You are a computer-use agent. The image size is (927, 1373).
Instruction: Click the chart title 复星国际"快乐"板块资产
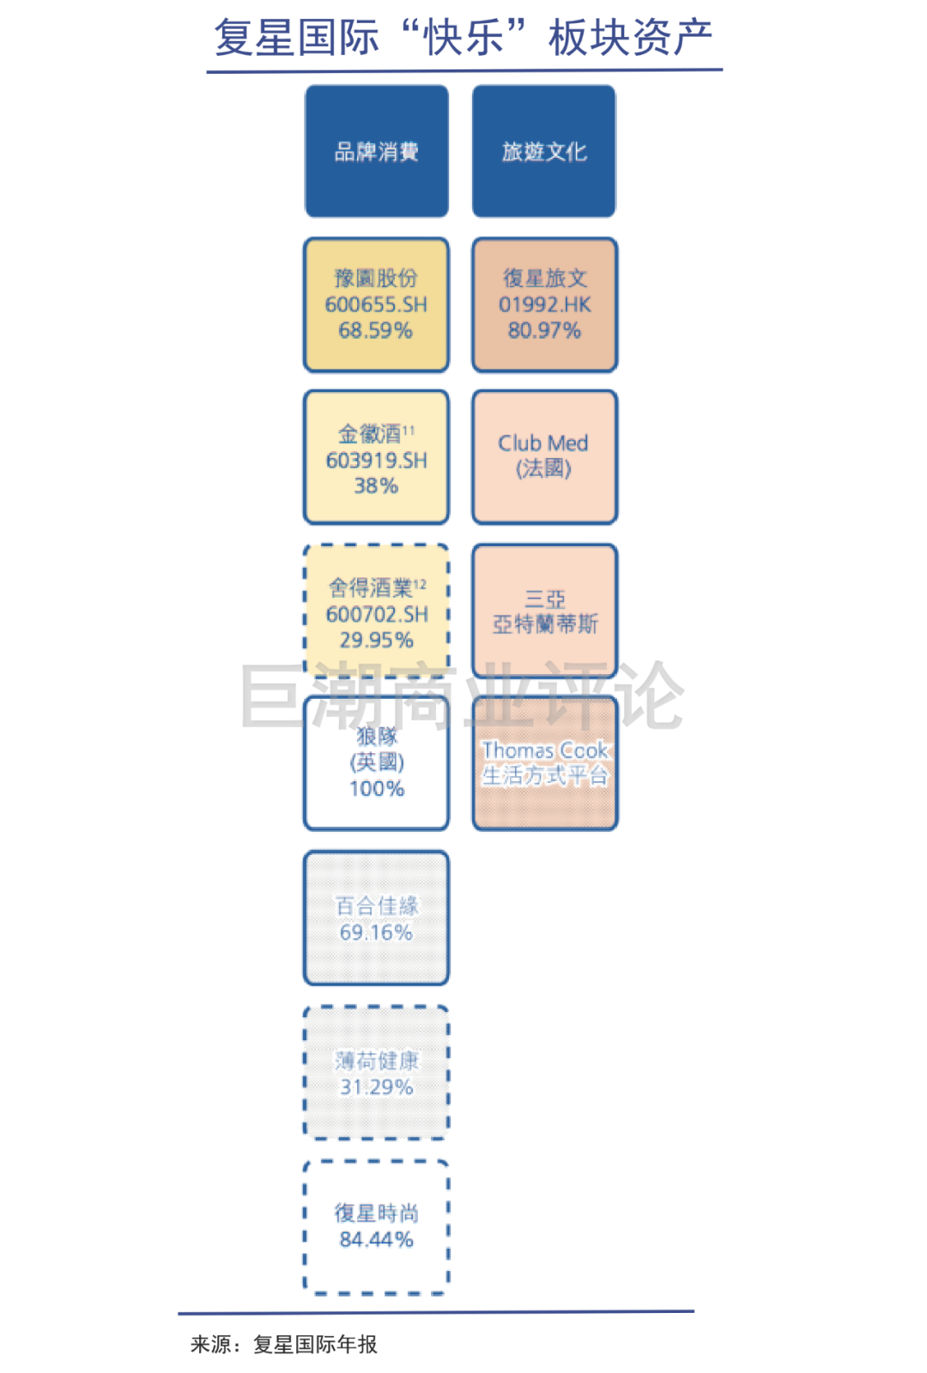pos(463,38)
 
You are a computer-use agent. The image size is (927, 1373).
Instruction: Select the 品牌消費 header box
pos(377,152)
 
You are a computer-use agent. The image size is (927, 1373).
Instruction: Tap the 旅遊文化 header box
pos(544,152)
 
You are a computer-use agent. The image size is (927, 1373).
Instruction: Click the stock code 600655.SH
pos(376,304)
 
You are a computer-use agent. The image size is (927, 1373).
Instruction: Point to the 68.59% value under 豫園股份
pos(376,330)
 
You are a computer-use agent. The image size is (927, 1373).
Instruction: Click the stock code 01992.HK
pos(544,304)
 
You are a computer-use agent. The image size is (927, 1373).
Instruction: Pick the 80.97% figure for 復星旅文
pos(544,330)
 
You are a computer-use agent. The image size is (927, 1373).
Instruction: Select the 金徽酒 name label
pos(370,434)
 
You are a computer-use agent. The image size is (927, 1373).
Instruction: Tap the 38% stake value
pos(376,486)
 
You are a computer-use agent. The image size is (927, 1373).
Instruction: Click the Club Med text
pos(543,443)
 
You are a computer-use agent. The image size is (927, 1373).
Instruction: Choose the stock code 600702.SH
pos(377,614)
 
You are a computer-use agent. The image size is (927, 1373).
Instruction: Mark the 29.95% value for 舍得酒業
pos(376,640)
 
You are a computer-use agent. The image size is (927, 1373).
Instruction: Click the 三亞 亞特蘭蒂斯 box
pos(545,611)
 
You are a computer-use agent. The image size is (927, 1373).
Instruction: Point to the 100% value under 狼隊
pos(377,788)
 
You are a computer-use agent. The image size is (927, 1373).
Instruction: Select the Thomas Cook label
pos(545,750)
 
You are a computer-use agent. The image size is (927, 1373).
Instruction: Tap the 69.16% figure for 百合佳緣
pos(376,932)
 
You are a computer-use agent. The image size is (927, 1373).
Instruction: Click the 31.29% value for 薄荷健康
pos(376,1087)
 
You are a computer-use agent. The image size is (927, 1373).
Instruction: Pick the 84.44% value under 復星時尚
pos(376,1239)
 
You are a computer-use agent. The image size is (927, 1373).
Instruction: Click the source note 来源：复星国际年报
pos(284,1344)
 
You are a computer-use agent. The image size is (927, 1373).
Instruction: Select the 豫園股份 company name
pos(376,278)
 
